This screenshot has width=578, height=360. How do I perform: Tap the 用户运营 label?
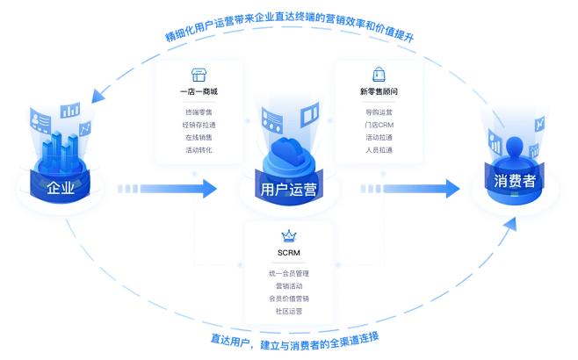tap(289, 189)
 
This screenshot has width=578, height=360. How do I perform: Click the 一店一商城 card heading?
tap(199, 92)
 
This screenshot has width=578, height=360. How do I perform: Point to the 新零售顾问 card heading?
tap(379, 92)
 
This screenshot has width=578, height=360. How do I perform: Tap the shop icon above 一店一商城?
tap(199, 75)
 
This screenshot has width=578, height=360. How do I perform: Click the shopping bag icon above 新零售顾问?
tap(379, 75)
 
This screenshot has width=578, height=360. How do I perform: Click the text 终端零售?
tap(199, 112)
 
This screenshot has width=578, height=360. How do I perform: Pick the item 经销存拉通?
tap(199, 125)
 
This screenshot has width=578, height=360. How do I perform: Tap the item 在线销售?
tap(199, 137)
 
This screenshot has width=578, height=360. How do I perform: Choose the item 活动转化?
tap(199, 149)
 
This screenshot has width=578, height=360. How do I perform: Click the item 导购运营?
tap(379, 112)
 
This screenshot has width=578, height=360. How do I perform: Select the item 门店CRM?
tap(379, 125)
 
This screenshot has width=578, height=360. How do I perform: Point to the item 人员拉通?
tap(379, 149)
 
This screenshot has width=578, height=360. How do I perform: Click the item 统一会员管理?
tap(288, 274)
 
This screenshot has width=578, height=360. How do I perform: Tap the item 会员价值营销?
tap(288, 299)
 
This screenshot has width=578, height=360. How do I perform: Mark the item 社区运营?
tap(288, 311)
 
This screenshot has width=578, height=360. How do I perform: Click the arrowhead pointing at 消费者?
tap(453, 188)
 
